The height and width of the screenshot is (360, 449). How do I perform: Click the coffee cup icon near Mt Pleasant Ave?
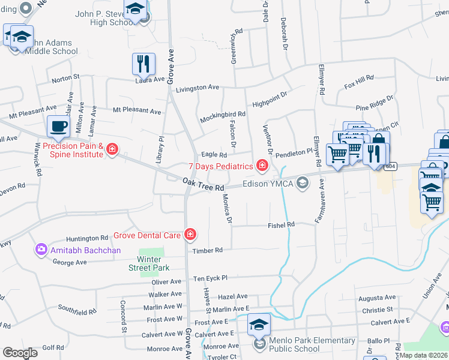click(x=58, y=127)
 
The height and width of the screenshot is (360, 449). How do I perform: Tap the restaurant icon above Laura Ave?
click(x=143, y=63)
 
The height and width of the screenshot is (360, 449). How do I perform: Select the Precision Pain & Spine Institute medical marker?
click(x=112, y=150)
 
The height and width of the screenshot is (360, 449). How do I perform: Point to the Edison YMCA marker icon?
click(x=304, y=183)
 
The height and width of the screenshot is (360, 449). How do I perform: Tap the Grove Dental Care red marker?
click(x=190, y=235)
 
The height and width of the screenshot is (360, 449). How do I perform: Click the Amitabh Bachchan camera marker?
click(x=41, y=249)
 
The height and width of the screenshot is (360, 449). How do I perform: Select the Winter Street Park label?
click(x=151, y=263)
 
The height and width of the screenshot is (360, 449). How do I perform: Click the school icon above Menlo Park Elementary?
click(x=259, y=325)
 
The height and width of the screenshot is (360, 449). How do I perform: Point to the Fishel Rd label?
click(x=281, y=225)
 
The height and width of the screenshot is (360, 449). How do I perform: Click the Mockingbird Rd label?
click(x=223, y=114)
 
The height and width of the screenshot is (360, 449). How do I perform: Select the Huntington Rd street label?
click(x=86, y=238)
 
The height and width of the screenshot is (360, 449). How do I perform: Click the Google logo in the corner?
click(x=20, y=352)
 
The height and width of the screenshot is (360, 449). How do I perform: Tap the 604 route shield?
click(x=391, y=167)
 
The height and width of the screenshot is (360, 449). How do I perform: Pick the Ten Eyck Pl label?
click(x=210, y=278)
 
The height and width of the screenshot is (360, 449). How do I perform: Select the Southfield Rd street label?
click(x=77, y=311)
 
